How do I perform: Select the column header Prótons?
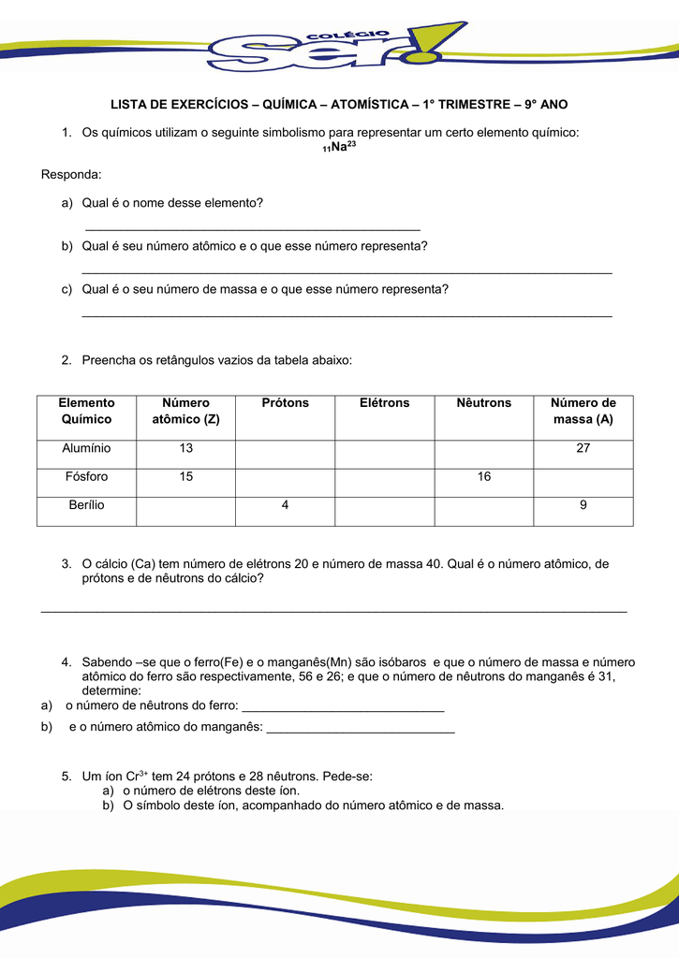[x=285, y=403]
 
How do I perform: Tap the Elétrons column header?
[x=385, y=403]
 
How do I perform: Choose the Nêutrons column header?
[x=484, y=403]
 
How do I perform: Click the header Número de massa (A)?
[x=583, y=412]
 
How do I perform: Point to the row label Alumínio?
[x=87, y=448]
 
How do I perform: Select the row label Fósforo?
[x=87, y=477]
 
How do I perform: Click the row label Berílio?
[x=87, y=505]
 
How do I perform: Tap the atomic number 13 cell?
[x=186, y=448]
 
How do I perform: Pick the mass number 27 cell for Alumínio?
[x=583, y=448]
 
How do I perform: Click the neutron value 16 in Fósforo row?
[x=484, y=477]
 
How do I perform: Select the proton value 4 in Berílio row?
[x=285, y=505]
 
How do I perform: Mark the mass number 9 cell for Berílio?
[x=583, y=505]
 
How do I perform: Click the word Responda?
[x=71, y=175]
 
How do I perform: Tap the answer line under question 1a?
[x=253, y=228]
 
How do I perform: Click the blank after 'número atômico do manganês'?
[x=361, y=730]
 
